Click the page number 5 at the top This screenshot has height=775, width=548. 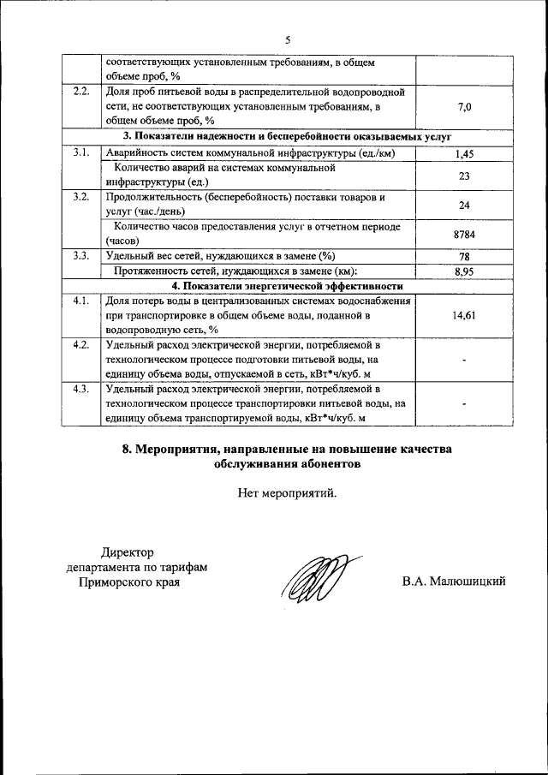288,39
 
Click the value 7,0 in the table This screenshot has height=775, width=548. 463,107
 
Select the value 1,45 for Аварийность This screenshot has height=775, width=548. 463,154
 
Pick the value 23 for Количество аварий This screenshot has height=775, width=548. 463,175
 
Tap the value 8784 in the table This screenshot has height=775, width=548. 463,233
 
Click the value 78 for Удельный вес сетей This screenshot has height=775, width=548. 463,256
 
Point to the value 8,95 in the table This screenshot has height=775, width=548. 463,271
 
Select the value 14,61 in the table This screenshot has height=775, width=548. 463,315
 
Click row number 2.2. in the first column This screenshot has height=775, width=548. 81,92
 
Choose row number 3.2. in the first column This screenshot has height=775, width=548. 81,197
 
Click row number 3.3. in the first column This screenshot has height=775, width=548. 81,255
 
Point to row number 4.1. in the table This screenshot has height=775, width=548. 81,301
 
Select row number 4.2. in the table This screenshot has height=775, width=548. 81,345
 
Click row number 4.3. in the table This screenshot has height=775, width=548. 81,390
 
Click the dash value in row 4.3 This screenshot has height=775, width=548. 463,404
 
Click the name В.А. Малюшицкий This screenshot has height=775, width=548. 454,581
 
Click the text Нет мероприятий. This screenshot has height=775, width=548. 288,492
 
